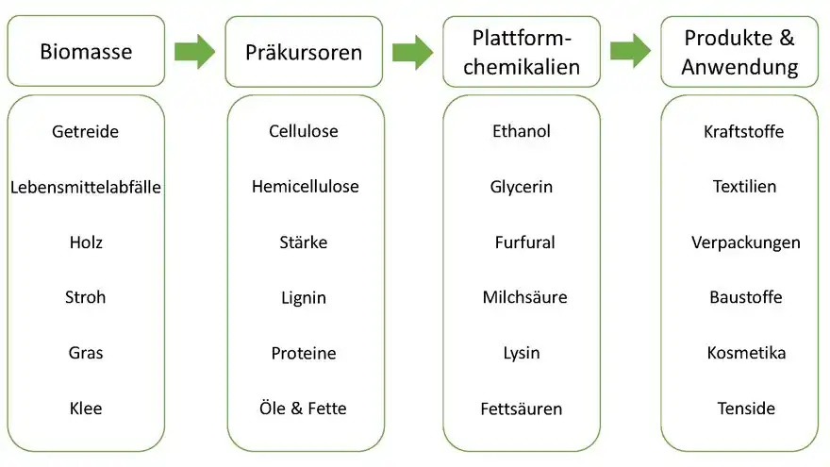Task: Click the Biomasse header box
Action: tap(86, 51)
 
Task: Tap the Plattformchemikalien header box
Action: tap(522, 51)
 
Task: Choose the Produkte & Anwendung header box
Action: tap(739, 51)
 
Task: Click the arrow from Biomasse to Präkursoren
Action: tap(195, 51)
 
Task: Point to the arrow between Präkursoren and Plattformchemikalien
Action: tap(412, 51)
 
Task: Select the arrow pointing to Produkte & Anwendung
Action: tap(630, 51)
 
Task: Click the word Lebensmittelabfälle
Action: tap(86, 187)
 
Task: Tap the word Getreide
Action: tap(86, 131)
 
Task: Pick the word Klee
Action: tap(86, 409)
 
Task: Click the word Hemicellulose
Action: tap(305, 187)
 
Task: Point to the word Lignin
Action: tap(304, 297)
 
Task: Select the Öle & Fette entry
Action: tap(304, 409)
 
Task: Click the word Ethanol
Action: tap(522, 131)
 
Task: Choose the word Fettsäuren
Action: tap(522, 409)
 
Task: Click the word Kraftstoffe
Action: tap(743, 131)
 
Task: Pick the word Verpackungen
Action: tap(745, 242)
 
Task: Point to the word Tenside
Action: tap(745, 409)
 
